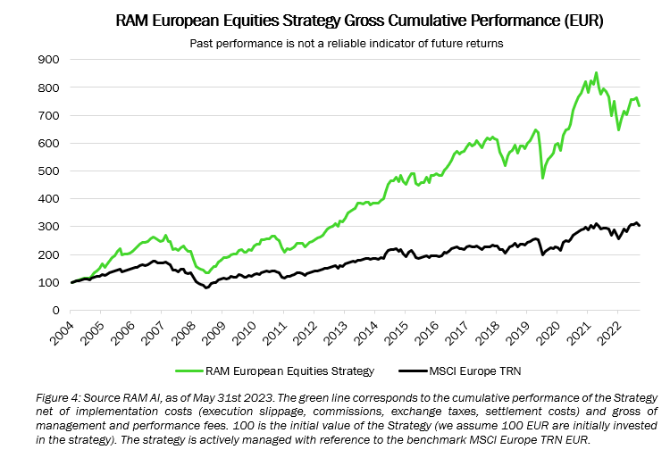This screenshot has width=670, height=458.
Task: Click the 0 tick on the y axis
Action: tap(54, 311)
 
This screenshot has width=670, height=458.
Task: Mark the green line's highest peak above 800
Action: tap(596, 73)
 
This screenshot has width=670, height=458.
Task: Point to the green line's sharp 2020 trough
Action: tap(543, 178)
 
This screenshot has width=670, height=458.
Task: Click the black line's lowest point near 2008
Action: tap(206, 287)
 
